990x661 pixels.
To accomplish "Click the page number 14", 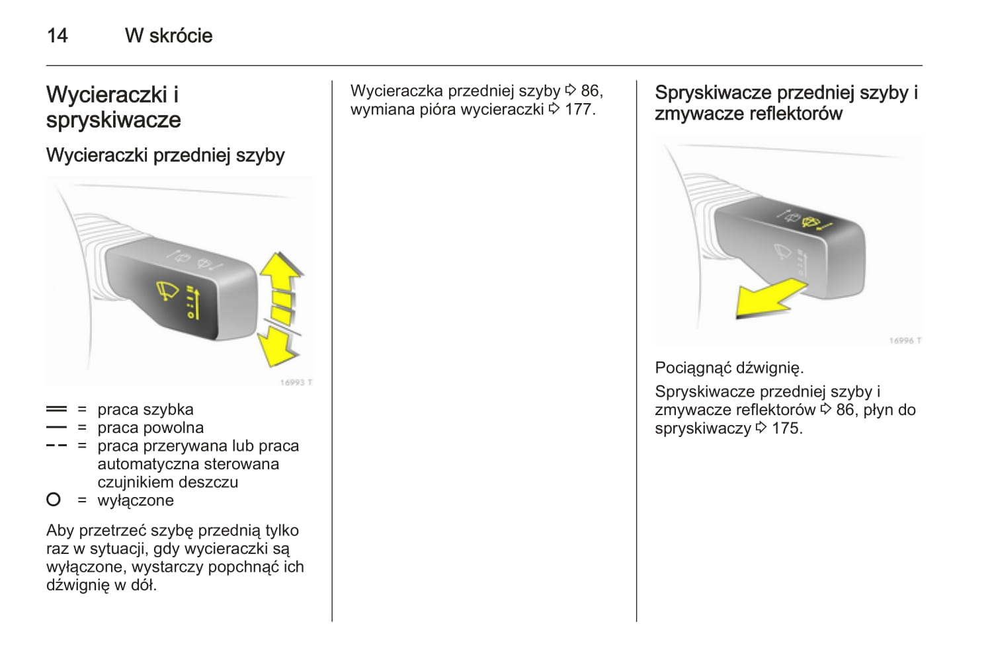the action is click(57, 36).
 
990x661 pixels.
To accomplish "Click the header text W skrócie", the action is click(169, 36).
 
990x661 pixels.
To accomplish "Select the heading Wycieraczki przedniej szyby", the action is click(165, 155).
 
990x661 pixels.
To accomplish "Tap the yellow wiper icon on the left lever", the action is click(167, 291).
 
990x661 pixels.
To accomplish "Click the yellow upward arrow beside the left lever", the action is click(280, 278).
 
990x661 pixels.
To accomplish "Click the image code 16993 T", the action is click(296, 382).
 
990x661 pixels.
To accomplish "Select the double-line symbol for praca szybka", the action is click(57, 410).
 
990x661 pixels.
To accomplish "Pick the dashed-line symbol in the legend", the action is click(57, 446).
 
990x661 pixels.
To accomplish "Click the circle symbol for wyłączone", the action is click(54, 500).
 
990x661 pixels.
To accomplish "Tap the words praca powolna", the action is click(151, 428).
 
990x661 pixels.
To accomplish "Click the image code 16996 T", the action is click(905, 340).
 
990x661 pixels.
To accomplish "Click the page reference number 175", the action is click(787, 428).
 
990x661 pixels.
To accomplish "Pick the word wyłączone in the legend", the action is click(136, 500).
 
